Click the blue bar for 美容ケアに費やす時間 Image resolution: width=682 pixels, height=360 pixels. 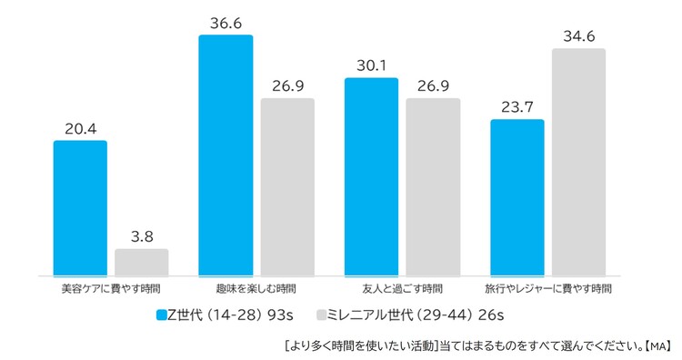80,207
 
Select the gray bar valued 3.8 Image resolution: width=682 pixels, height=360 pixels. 142,262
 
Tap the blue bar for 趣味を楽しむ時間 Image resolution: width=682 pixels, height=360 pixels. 226,155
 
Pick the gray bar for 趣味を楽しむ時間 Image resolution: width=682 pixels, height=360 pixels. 287,186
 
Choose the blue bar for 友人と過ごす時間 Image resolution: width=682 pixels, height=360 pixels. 371,176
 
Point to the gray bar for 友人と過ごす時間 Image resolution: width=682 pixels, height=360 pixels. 433,186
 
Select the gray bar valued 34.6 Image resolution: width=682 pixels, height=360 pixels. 578,162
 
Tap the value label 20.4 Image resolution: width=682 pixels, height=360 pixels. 80,128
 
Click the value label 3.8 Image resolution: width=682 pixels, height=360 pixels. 142,236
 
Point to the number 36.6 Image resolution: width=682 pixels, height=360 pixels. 226,22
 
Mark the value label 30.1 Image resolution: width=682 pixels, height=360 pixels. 371,65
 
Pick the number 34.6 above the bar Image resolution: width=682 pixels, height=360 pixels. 578,36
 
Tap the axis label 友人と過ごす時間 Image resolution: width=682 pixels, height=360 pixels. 402,289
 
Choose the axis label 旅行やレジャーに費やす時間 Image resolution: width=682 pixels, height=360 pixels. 547,289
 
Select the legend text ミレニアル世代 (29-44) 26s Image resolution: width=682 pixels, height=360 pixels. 416,315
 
